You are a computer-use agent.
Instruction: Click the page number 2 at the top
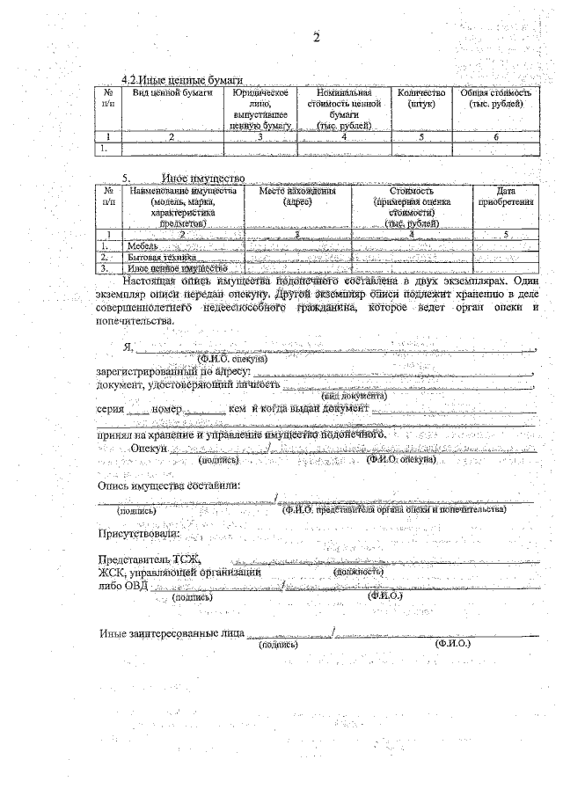[316, 37]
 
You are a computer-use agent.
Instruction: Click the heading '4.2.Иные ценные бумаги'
[181, 80]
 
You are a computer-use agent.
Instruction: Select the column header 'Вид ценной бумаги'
[172, 92]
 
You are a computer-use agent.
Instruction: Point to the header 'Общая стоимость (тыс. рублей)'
[496, 98]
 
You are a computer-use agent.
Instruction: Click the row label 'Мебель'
[143, 247]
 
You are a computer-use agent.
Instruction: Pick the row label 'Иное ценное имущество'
[172, 268]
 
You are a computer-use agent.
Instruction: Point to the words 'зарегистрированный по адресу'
[173, 372]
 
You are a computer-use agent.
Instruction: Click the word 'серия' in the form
[110, 410]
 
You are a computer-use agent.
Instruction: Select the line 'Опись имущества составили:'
[168, 486]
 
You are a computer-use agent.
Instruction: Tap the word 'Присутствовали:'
[138, 533]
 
